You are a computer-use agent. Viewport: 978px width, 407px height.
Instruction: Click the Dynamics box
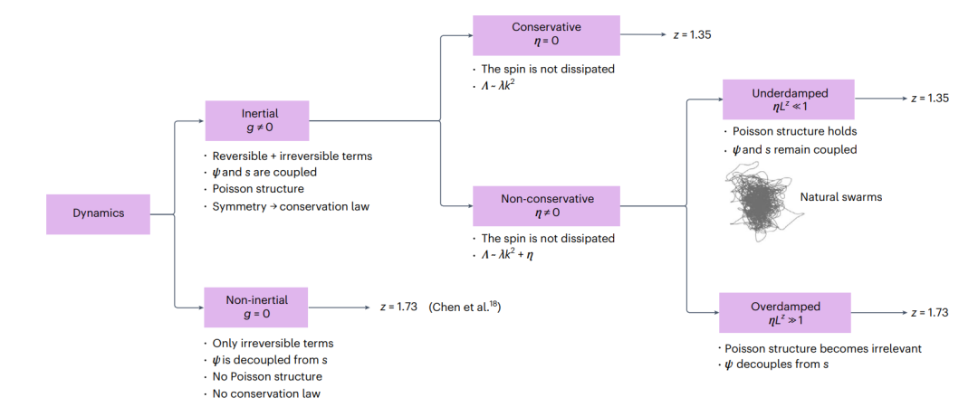(98, 213)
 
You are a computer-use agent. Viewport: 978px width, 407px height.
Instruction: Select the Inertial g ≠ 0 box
(257, 121)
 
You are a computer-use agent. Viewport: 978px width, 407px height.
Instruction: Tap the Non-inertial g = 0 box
(255, 308)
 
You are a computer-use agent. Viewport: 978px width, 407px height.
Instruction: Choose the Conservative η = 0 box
(546, 35)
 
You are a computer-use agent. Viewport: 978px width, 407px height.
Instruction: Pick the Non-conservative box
(546, 206)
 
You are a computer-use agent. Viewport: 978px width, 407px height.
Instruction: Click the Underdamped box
(788, 99)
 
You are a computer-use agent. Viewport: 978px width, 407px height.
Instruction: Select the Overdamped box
(784, 313)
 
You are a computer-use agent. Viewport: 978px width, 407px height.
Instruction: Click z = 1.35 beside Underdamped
(929, 98)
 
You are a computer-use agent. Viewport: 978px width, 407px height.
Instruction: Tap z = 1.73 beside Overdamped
(929, 312)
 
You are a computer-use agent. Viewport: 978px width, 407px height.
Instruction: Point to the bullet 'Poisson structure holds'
(795, 131)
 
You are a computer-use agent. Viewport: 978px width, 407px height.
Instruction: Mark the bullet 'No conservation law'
(267, 393)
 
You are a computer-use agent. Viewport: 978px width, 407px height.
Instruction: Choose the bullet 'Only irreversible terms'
(273, 343)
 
